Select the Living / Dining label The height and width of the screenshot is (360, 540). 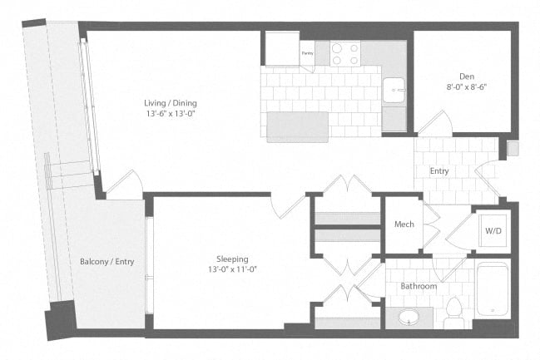(x=171, y=103)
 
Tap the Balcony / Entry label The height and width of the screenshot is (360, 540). (x=107, y=261)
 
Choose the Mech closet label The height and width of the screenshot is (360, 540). (x=404, y=224)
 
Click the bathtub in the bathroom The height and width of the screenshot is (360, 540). (x=492, y=291)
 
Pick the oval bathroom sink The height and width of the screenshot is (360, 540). (x=409, y=318)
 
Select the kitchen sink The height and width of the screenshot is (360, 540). (x=394, y=86)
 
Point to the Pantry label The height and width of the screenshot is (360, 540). (x=307, y=52)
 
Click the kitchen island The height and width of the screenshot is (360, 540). (x=297, y=126)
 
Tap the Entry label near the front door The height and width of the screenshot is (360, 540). (x=438, y=171)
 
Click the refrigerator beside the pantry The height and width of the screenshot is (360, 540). (x=282, y=49)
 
